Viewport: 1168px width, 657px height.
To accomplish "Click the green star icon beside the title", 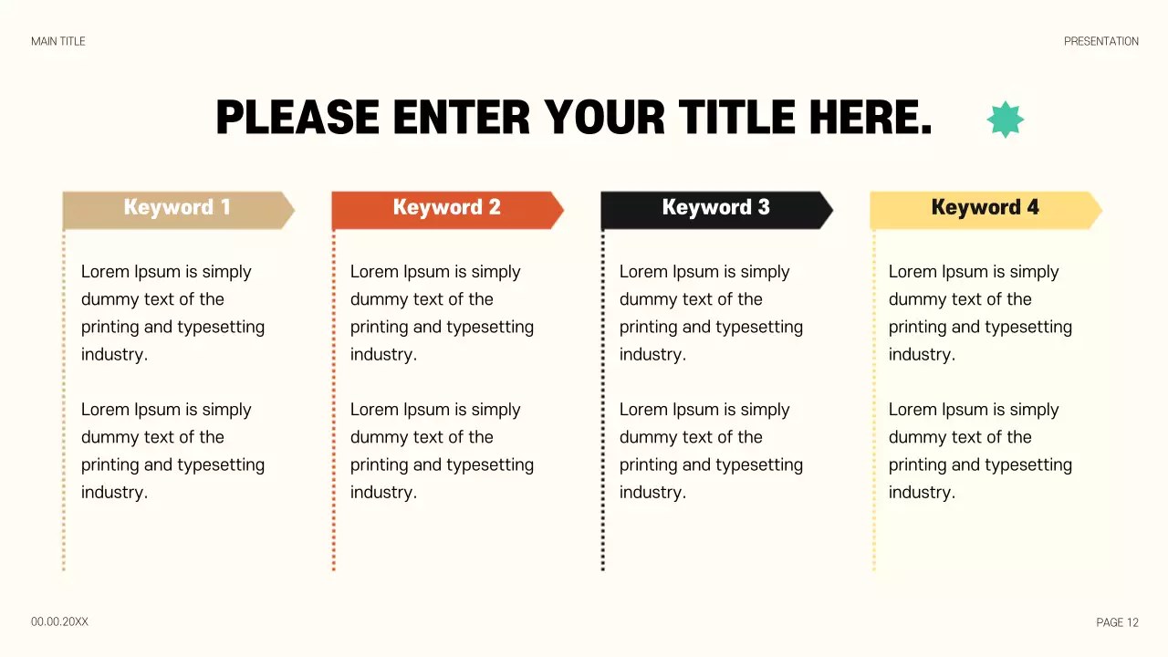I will [1006, 120].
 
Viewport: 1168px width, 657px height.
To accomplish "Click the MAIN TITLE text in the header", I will [58, 41].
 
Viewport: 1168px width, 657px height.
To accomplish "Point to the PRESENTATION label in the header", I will [1100, 41].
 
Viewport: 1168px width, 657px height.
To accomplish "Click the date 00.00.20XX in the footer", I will [59, 621].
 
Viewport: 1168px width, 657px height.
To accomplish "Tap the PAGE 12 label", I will [1117, 622].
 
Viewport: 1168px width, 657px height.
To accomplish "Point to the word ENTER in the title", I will [461, 118].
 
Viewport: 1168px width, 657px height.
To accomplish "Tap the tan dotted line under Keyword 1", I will [64, 401].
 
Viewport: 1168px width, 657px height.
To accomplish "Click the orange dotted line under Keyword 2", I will [334, 401].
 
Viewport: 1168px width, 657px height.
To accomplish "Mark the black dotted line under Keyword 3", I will [603, 401].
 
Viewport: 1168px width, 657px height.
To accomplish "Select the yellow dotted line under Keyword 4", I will [874, 401].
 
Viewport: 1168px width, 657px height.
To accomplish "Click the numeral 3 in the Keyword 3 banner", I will [764, 207].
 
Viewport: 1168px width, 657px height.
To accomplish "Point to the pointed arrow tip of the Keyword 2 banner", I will [559, 210].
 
